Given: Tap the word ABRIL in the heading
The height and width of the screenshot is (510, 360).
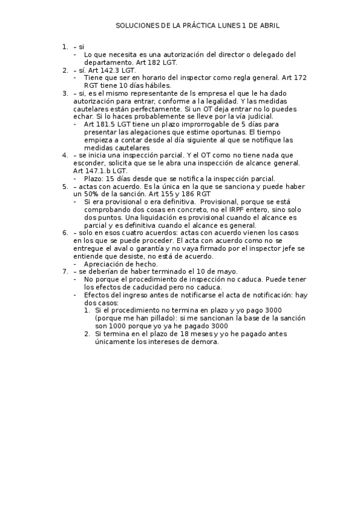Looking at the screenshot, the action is pos(269,26).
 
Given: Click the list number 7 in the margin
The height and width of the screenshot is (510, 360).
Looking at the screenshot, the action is pos(64,272).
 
